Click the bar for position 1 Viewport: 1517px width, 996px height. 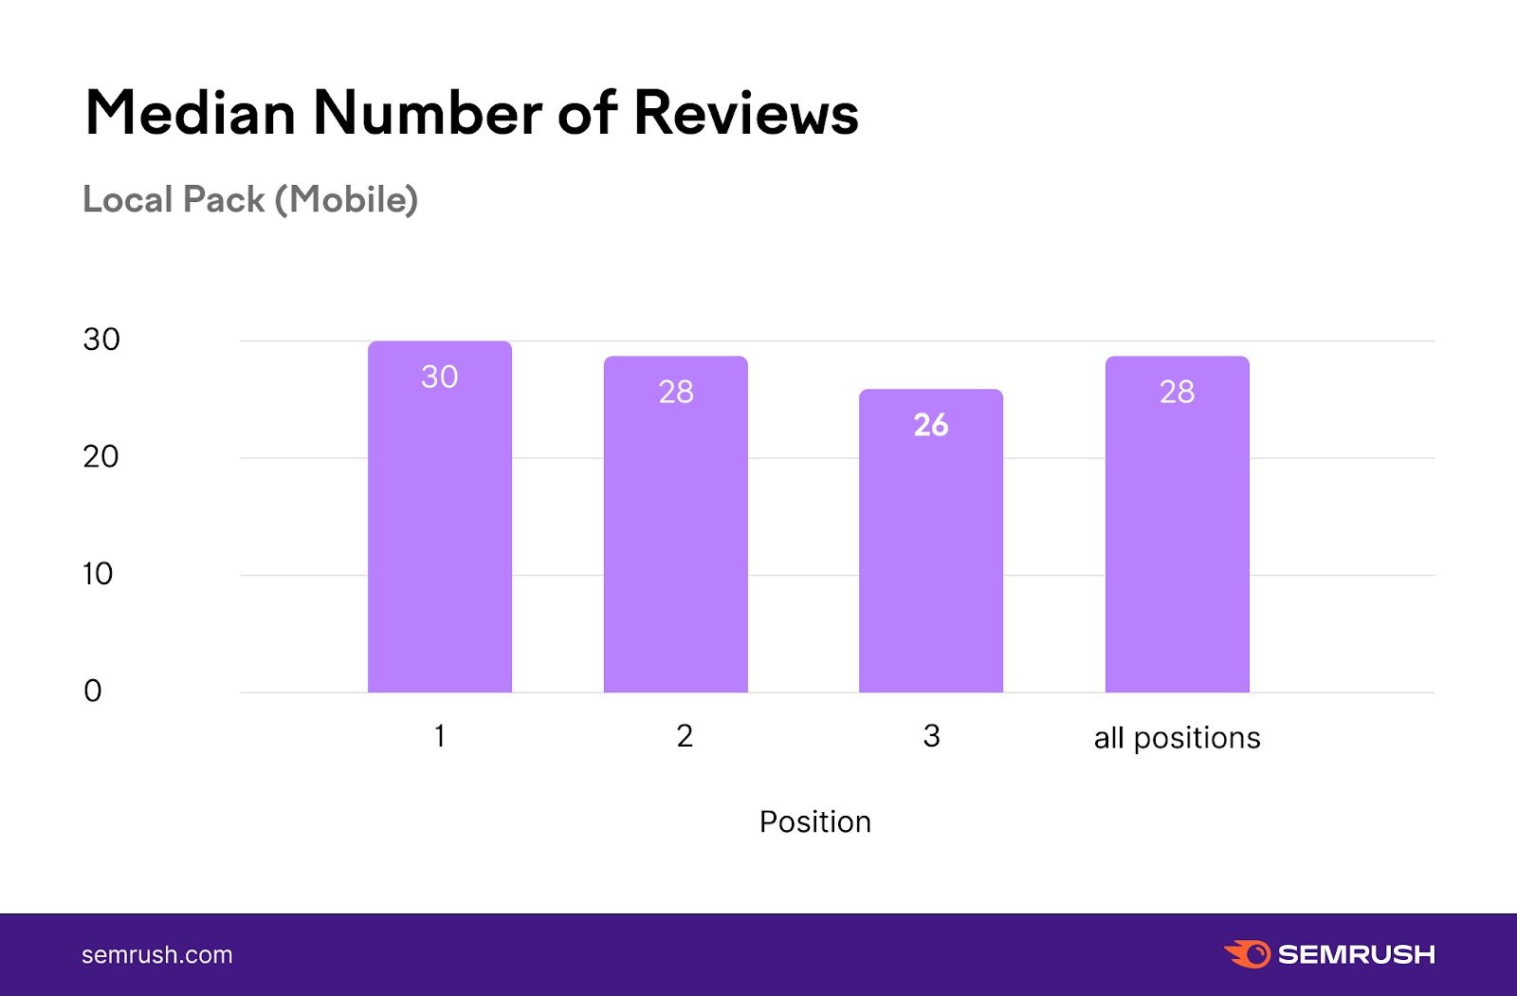coord(440,531)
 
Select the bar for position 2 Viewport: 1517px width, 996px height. coord(676,541)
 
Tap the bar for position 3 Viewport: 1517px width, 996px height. coord(931,560)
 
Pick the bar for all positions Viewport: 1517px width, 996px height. coord(1178,541)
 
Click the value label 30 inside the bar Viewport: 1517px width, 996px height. coord(440,377)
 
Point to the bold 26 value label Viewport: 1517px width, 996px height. coord(931,425)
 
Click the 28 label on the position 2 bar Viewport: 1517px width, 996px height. coord(676,392)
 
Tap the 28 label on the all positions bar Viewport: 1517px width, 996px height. coord(1178,392)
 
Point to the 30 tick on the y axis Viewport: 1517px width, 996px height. coord(101,340)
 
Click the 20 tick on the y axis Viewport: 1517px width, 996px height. coord(101,457)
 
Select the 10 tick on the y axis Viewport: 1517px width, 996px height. coord(98,574)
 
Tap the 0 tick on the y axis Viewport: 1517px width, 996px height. coord(93,691)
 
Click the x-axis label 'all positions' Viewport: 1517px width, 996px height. coord(1178,738)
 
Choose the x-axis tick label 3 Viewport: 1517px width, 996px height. coord(931,736)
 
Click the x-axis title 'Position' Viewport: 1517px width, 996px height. coord(815,821)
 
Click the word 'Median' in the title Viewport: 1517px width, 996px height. coord(191,113)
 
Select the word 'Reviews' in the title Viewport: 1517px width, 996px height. coord(746,113)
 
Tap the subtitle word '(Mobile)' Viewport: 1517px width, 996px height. coord(347,200)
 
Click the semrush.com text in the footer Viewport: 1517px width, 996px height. coord(157,955)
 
